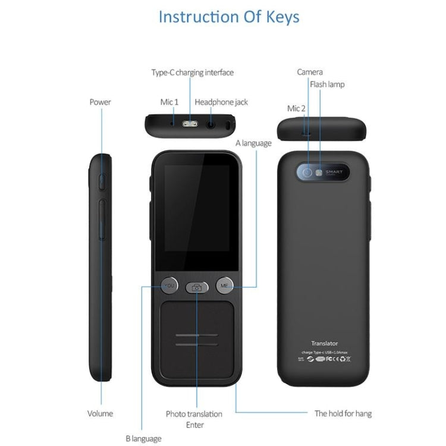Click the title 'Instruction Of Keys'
[229, 17]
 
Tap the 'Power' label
[100, 102]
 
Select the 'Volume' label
[100, 413]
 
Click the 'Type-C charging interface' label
[192, 73]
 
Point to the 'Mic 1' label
[169, 102]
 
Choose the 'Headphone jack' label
[221, 102]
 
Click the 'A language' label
[253, 143]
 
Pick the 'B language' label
[143, 438]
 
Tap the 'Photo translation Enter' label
[194, 419]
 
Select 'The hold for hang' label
[343, 413]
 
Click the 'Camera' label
[310, 72]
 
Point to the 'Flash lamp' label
[326, 84]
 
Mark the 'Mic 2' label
[296, 108]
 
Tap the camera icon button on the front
[196, 287]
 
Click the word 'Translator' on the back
[324, 343]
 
